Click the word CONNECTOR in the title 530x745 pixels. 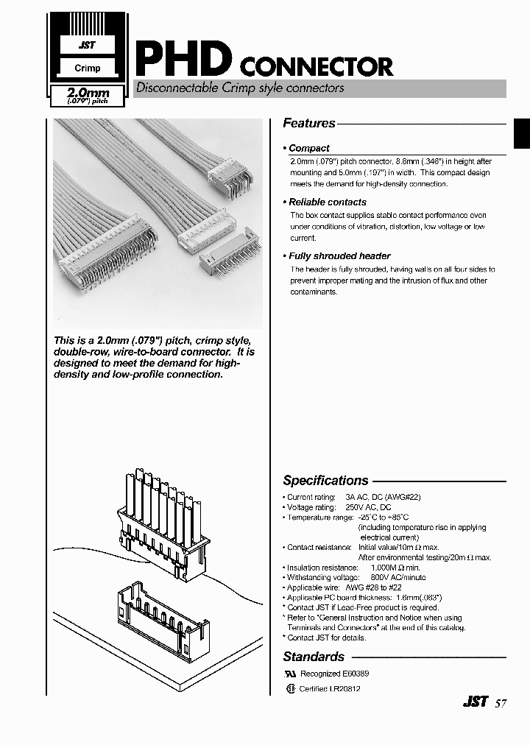click(x=317, y=68)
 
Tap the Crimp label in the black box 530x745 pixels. click(x=88, y=68)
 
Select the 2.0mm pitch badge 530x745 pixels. click(x=88, y=95)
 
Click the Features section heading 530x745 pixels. click(x=309, y=124)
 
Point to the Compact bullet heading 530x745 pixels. click(x=308, y=148)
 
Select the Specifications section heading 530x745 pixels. click(x=325, y=481)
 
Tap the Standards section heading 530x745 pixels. click(x=314, y=657)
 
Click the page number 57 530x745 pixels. click(x=501, y=702)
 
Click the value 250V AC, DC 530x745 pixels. click(x=368, y=507)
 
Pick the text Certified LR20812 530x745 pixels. click(x=329, y=689)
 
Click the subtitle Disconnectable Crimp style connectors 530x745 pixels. click(x=240, y=88)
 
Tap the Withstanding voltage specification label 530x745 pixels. click(x=318, y=578)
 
